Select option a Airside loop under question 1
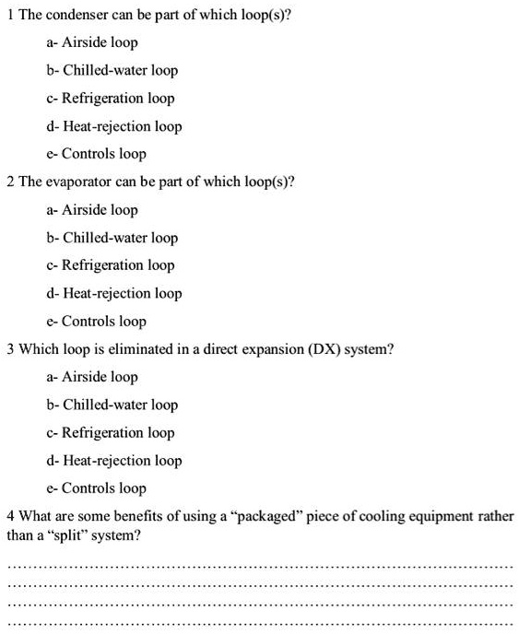92,42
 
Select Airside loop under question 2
92,210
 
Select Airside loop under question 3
92,377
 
